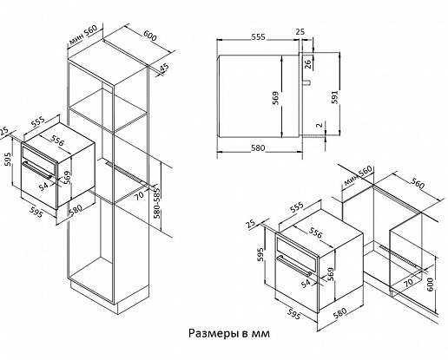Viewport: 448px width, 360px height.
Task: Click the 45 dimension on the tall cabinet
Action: pyautogui.click(x=164, y=69)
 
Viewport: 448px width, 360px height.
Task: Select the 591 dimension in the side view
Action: pyautogui.click(x=334, y=97)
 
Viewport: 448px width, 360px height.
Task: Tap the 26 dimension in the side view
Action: pyautogui.click(x=307, y=63)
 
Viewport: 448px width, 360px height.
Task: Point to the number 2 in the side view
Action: pyautogui.click(x=320, y=125)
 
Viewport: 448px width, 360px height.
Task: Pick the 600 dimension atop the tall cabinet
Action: pyautogui.click(x=150, y=36)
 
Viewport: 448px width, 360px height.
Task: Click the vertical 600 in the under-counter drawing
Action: pyautogui.click(x=431, y=285)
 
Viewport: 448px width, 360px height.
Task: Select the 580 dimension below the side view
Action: pyautogui.click(x=258, y=148)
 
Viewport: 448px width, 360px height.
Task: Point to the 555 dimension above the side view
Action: pyautogui.click(x=258, y=36)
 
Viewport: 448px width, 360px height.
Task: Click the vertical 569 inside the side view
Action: pyautogui.click(x=275, y=98)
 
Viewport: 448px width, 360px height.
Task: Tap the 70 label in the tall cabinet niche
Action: pyautogui.click(x=139, y=195)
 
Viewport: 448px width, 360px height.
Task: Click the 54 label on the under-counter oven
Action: pyautogui.click(x=306, y=284)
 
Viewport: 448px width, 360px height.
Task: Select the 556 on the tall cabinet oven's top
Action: pyautogui.click(x=57, y=141)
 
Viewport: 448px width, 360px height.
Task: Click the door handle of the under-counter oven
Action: pyautogui.click(x=294, y=265)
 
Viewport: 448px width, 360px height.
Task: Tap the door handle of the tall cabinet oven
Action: pyautogui.click(x=37, y=170)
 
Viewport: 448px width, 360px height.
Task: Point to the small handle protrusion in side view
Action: pyautogui.click(x=306, y=82)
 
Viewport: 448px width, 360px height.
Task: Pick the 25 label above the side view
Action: pyautogui.click(x=300, y=31)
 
